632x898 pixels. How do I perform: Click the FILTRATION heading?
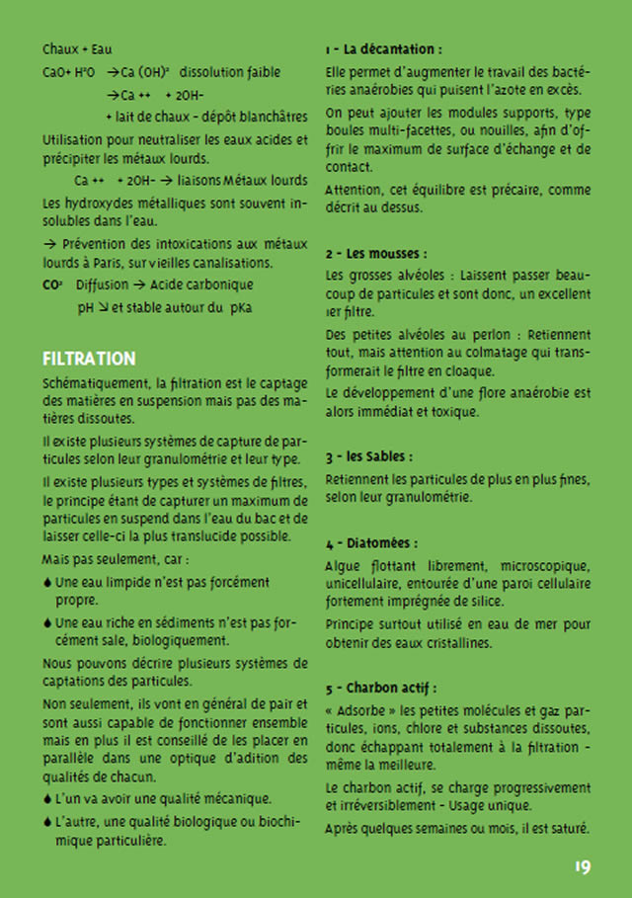coord(89,358)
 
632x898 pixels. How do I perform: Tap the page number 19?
coord(582,867)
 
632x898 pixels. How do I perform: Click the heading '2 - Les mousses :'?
coord(375,253)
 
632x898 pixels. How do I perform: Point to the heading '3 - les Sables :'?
coord(368,457)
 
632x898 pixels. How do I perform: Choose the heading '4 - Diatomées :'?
coord(371,543)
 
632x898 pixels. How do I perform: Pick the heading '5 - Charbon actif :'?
coord(380,688)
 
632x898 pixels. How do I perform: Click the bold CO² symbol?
coord(52,285)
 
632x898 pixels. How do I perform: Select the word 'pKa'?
coord(240,308)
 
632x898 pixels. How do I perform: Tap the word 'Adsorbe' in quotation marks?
coord(364,710)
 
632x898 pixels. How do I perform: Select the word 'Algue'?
coord(342,566)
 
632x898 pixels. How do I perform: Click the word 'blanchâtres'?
coord(272,118)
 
